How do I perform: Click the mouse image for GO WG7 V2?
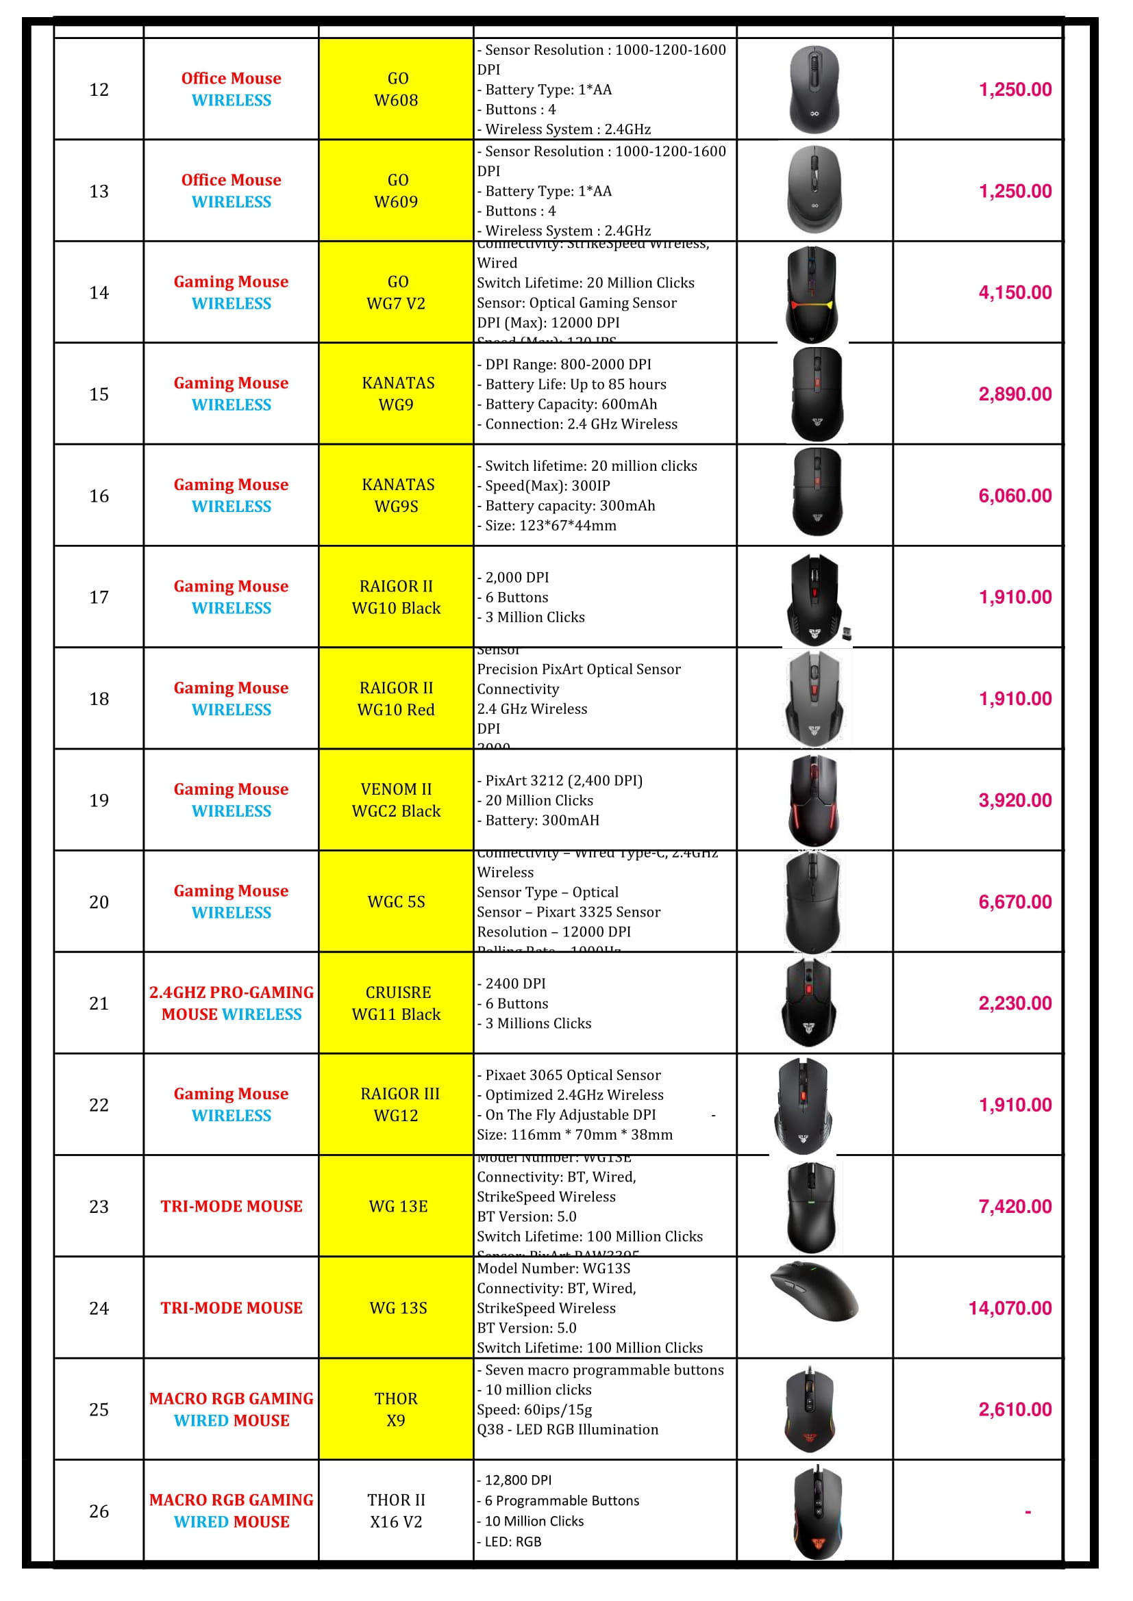click(812, 293)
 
